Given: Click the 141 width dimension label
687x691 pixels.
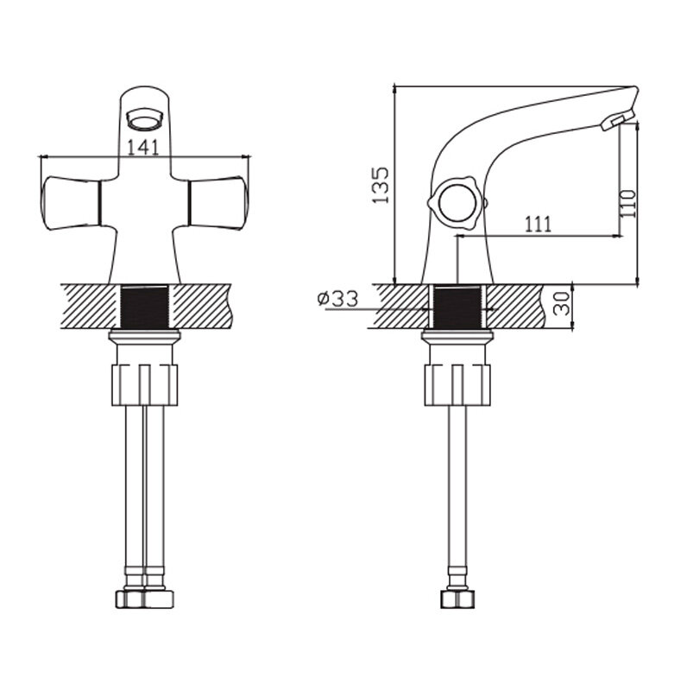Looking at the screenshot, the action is coord(143,148).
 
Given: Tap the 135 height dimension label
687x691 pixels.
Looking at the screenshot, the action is coord(381,185).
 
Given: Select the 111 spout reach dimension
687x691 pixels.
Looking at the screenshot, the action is coord(538,225).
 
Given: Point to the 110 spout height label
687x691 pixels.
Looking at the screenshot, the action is coord(627,203).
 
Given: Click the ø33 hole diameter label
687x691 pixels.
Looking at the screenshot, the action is coord(337,299).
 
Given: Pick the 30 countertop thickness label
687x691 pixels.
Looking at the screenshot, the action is coord(561,304).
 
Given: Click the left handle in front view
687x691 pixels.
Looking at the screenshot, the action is coord(71,203).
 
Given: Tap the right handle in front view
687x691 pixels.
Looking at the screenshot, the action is coord(218,203).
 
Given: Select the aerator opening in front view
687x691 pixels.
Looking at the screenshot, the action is coord(143,119).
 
